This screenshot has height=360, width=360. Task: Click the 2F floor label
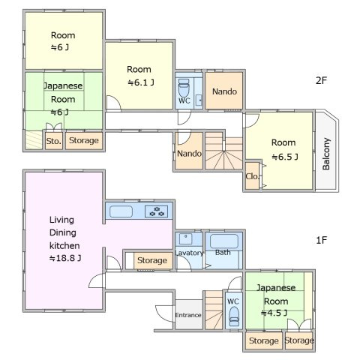click(x=321, y=80)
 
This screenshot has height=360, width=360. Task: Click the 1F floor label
click(x=321, y=240)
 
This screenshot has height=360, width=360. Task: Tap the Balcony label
click(x=326, y=154)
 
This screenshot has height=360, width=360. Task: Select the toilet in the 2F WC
click(x=184, y=88)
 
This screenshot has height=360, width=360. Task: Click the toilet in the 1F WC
click(x=234, y=316)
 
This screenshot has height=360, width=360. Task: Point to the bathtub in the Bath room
click(x=224, y=241)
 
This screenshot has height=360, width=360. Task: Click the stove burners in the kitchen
click(x=157, y=211)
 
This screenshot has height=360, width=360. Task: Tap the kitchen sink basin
click(x=121, y=211)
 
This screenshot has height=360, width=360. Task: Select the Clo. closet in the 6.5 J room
click(x=252, y=175)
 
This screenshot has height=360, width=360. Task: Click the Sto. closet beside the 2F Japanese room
click(x=54, y=141)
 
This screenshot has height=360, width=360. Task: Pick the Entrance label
click(x=188, y=315)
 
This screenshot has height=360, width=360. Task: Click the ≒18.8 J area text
click(x=65, y=258)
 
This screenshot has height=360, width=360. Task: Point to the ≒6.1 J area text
click(x=141, y=82)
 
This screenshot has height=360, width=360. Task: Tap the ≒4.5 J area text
click(x=274, y=313)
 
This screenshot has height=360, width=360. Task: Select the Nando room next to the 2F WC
click(x=224, y=91)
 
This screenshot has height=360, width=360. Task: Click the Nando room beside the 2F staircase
click(x=189, y=151)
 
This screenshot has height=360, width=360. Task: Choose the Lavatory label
click(x=189, y=253)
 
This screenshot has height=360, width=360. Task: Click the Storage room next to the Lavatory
click(x=153, y=261)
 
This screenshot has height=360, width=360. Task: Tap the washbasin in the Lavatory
click(x=186, y=239)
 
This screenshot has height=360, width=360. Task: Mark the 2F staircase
click(x=223, y=151)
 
